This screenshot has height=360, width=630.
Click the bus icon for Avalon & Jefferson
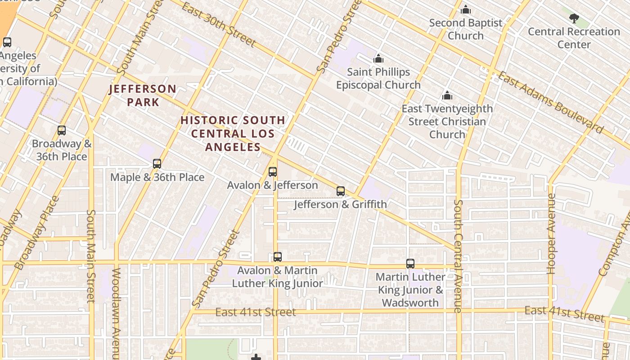(273, 171)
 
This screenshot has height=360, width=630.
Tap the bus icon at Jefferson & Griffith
(341, 191)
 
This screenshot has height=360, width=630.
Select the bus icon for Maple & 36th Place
(157, 163)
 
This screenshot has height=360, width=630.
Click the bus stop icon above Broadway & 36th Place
(62, 130)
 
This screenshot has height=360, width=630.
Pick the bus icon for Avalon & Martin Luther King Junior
(278, 256)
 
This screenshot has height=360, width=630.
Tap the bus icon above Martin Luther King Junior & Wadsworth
(410, 263)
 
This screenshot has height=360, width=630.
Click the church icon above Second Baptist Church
(466, 9)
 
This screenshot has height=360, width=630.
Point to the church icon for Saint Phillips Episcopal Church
(378, 59)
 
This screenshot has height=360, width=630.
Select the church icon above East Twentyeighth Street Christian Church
(447, 95)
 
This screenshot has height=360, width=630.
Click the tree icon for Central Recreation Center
(574, 18)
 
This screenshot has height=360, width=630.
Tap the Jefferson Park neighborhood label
(143, 95)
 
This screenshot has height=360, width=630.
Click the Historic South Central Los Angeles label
(233, 133)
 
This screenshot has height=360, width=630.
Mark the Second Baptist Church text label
(466, 29)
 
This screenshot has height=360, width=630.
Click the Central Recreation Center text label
(574, 38)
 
